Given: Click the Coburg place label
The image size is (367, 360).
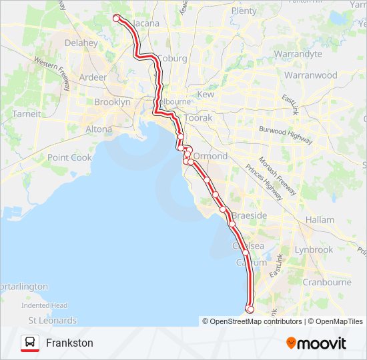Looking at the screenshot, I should click(x=172, y=59).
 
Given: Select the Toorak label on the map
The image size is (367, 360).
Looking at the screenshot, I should click(x=198, y=117).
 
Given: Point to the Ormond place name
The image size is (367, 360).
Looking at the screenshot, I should click(x=210, y=156).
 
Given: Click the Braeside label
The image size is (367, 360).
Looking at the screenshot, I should click(x=249, y=215).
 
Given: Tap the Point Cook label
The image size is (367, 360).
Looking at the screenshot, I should click(x=69, y=157).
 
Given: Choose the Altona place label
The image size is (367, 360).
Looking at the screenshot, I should click(x=99, y=129).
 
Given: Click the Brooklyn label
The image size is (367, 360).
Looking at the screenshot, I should click(x=112, y=102).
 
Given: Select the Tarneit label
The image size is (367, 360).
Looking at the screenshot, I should click(x=27, y=114).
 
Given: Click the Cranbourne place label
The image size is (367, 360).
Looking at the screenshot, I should click(x=327, y=282).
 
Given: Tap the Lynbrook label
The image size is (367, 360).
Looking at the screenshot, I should click(x=314, y=249).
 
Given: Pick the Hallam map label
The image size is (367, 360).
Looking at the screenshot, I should click(x=320, y=219).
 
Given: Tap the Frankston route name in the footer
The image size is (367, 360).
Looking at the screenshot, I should click(x=69, y=343).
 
